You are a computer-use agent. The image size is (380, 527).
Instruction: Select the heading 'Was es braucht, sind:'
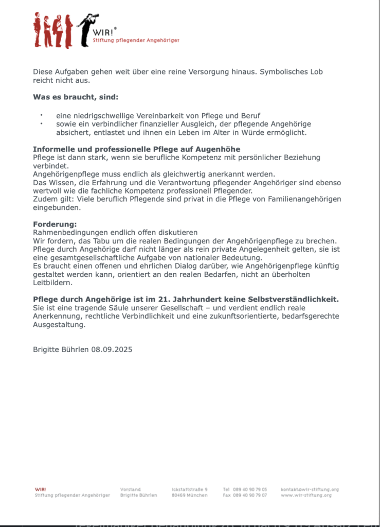coord(76,97)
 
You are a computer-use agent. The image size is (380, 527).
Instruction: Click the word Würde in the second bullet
coord(249,132)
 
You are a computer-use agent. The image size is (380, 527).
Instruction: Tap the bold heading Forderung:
coord(55,224)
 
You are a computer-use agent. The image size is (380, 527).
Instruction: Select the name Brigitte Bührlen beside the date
coord(61,349)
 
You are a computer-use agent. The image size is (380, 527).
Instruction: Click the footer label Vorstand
coord(130,489)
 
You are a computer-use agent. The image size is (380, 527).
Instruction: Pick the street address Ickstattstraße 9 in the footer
coord(190,489)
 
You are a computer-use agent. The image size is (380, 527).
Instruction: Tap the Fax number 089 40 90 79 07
coord(249,495)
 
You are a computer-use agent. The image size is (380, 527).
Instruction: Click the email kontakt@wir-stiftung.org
coord(310,489)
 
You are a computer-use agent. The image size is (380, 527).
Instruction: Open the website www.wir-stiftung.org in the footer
coord(306,495)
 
